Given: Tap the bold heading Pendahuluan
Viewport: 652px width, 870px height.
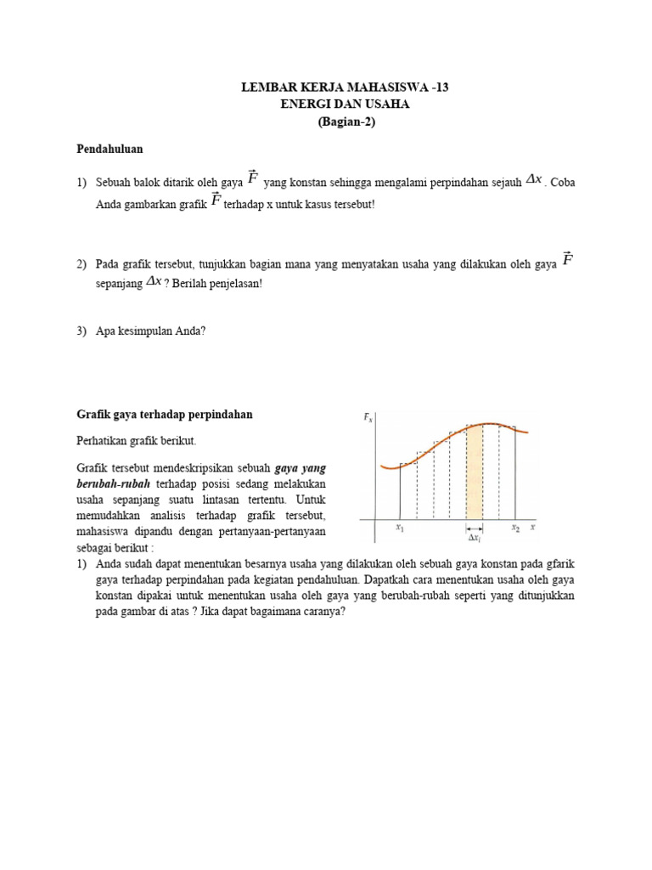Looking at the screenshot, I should pos(110,149).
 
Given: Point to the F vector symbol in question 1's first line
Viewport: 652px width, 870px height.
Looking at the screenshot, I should pos(252,178).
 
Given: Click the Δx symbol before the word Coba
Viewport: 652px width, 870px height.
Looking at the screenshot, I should pos(533,179).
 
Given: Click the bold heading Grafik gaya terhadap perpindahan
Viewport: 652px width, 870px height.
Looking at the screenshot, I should pos(165,415).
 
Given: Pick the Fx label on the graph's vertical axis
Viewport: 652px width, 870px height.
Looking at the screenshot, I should pos(368,417).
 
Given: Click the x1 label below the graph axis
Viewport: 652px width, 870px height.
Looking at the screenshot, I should pos(400,528).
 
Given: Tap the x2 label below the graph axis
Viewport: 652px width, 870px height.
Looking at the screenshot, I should pos(515,528).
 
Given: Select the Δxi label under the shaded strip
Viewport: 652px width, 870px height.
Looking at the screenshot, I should pos(474,538).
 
